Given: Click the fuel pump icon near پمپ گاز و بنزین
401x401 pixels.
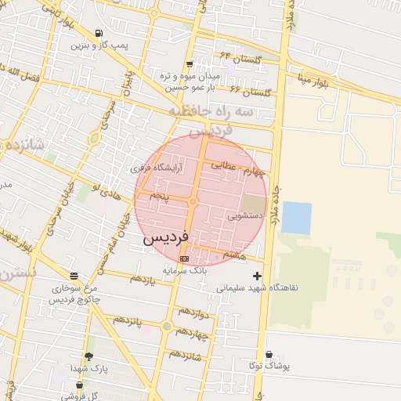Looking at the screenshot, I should tap(98, 33).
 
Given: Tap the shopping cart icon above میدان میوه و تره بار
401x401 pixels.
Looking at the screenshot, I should tap(190, 64).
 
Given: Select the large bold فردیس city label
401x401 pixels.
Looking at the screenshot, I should tap(165, 237).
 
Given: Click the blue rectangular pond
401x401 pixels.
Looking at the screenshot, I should tap(296, 218).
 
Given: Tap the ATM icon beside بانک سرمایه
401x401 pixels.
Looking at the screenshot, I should tap(184, 258).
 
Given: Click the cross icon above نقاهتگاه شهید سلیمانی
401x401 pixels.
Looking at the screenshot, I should tap(257, 276).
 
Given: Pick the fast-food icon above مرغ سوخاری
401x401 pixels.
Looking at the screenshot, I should tap(74, 276).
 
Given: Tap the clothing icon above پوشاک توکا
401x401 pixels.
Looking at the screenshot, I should tap(269, 355).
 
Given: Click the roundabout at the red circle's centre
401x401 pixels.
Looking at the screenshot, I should tap(192, 204).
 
